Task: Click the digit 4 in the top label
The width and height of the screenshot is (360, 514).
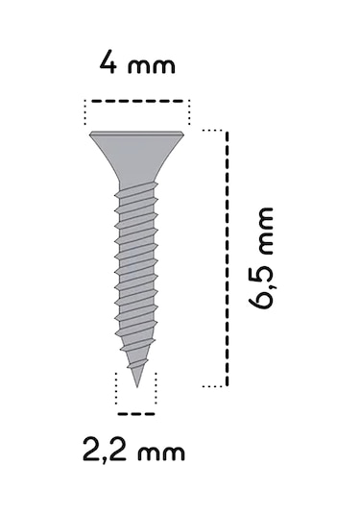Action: pyautogui.click(x=108, y=66)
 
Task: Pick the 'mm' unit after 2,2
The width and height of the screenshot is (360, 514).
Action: pyautogui.click(x=158, y=452)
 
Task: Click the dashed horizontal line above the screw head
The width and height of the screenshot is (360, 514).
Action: pyautogui.click(x=137, y=99)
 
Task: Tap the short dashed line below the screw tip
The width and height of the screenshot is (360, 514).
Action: pyautogui.click(x=134, y=414)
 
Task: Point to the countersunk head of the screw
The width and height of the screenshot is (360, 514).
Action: pyautogui.click(x=137, y=149)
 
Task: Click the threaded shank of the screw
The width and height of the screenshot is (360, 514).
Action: pyautogui.click(x=136, y=269)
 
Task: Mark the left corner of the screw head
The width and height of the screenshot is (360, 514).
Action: pyautogui.click(x=92, y=135)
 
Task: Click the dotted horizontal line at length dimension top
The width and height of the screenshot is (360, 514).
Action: pyautogui.click(x=213, y=129)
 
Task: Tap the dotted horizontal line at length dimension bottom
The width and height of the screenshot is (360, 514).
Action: pyautogui.click(x=213, y=385)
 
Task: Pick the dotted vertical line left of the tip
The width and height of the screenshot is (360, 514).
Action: pyautogui.click(x=116, y=389)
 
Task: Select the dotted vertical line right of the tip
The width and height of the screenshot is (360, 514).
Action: pyautogui.click(x=155, y=389)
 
